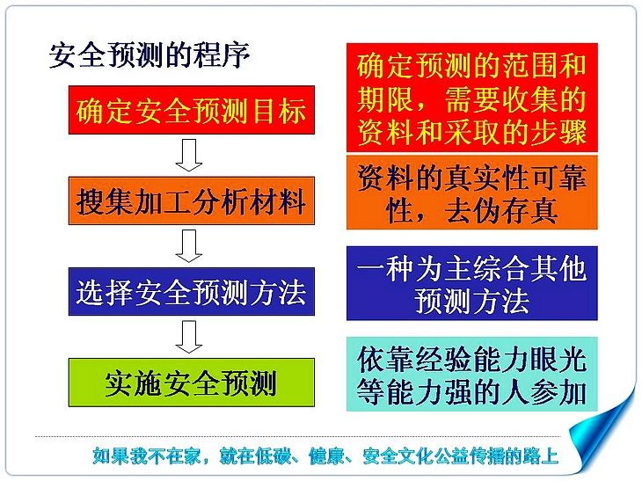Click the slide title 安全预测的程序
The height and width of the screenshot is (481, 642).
(x=149, y=55)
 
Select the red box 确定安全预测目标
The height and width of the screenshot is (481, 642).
(x=191, y=110)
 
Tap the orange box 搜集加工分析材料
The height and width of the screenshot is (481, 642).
(x=191, y=200)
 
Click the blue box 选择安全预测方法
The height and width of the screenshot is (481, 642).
(x=191, y=291)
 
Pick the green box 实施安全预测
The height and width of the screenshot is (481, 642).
(x=191, y=383)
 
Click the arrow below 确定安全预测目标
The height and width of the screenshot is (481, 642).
(x=189, y=155)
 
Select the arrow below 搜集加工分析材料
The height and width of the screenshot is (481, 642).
(x=189, y=246)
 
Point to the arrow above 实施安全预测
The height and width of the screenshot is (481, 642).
(x=189, y=337)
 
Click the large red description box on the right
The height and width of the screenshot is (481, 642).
(x=471, y=98)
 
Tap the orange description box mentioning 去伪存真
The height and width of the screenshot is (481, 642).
(x=471, y=192)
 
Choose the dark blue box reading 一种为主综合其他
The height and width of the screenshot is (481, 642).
(x=471, y=283)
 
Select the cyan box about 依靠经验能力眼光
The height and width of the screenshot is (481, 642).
(x=471, y=374)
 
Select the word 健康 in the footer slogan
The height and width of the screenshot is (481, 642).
(x=326, y=456)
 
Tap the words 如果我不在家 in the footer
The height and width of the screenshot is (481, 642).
(x=147, y=456)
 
